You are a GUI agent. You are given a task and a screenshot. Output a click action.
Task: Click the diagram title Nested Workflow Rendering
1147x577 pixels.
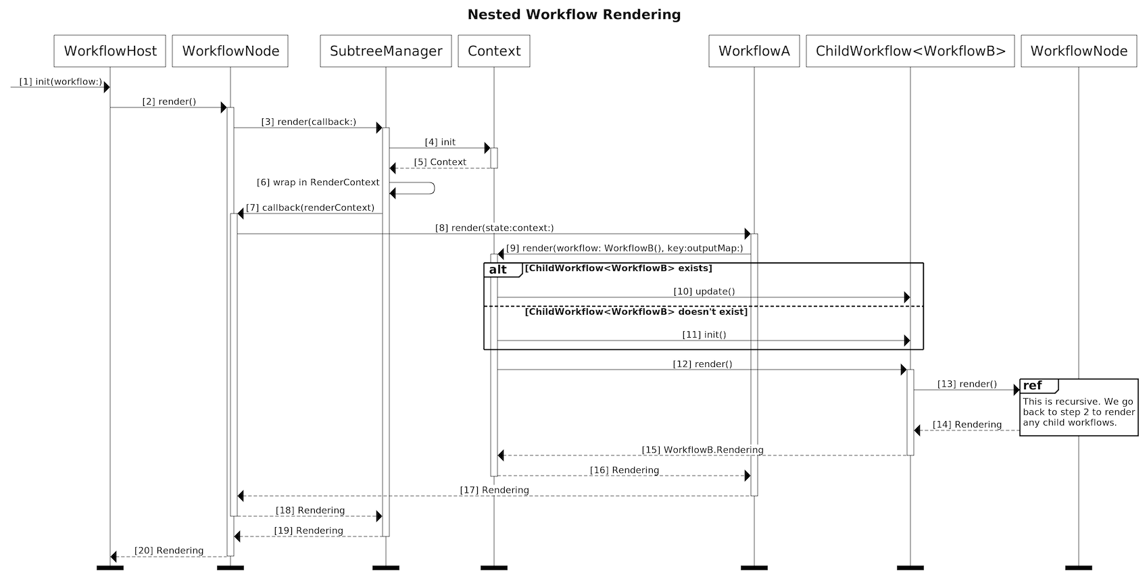tap(574, 15)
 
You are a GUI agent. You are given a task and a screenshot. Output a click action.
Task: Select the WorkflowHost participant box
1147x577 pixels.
tap(110, 51)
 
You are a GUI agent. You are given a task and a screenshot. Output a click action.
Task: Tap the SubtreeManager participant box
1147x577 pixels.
tap(386, 51)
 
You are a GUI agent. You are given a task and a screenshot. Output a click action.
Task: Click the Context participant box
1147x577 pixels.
tap(494, 51)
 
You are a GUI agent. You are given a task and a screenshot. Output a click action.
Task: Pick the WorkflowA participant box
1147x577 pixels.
tap(754, 51)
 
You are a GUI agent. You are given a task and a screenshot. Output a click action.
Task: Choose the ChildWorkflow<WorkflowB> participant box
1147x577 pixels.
tap(910, 51)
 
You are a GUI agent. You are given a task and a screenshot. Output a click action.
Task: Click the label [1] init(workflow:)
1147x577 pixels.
tap(60, 82)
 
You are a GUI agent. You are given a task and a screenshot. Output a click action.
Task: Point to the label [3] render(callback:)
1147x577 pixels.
tap(308, 122)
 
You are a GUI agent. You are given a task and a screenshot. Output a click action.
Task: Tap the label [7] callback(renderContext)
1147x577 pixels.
tap(310, 208)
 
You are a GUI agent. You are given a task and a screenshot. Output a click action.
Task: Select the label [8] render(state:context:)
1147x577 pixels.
tap(494, 228)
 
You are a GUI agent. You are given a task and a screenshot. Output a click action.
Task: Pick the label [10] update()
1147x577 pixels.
tap(704, 292)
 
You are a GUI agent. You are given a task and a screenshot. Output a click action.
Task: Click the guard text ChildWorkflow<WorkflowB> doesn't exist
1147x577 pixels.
tap(636, 312)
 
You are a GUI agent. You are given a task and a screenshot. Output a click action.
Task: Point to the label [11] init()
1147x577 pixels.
tap(704, 335)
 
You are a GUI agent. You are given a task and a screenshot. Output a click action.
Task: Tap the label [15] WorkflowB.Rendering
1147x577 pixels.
tap(702, 450)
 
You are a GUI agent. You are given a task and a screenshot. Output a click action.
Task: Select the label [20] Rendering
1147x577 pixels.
tap(168, 551)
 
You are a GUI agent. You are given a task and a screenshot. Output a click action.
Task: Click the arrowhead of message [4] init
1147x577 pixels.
tap(487, 148)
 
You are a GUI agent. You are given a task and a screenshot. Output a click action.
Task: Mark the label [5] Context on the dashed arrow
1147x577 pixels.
tap(440, 162)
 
